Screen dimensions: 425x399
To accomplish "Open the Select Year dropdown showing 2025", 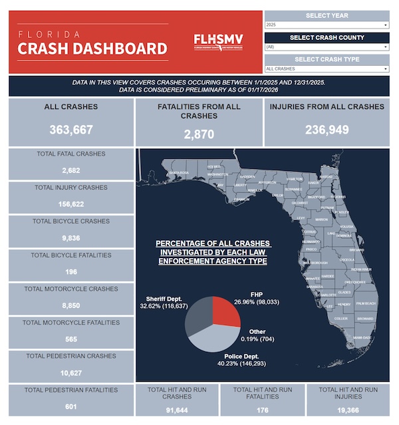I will [327, 25].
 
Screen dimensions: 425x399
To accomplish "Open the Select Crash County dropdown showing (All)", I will [327, 47].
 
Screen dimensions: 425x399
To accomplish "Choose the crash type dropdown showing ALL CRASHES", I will [327, 69].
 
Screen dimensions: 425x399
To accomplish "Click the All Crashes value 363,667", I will [70, 130].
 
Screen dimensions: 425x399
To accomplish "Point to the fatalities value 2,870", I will [199, 134].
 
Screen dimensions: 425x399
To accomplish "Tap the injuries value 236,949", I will [327, 130].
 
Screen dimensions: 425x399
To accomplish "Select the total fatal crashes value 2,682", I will [70, 170].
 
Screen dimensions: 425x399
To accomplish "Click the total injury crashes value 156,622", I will [70, 204].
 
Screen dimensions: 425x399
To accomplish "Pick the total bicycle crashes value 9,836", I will [70, 238].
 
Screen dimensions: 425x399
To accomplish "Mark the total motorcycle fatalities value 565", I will [70, 339].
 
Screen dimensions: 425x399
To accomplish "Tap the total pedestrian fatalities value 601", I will [70, 406].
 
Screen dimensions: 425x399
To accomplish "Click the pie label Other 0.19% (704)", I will [257, 335].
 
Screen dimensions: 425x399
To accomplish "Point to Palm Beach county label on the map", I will [366, 304].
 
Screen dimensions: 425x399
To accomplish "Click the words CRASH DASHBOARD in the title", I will [92, 49].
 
